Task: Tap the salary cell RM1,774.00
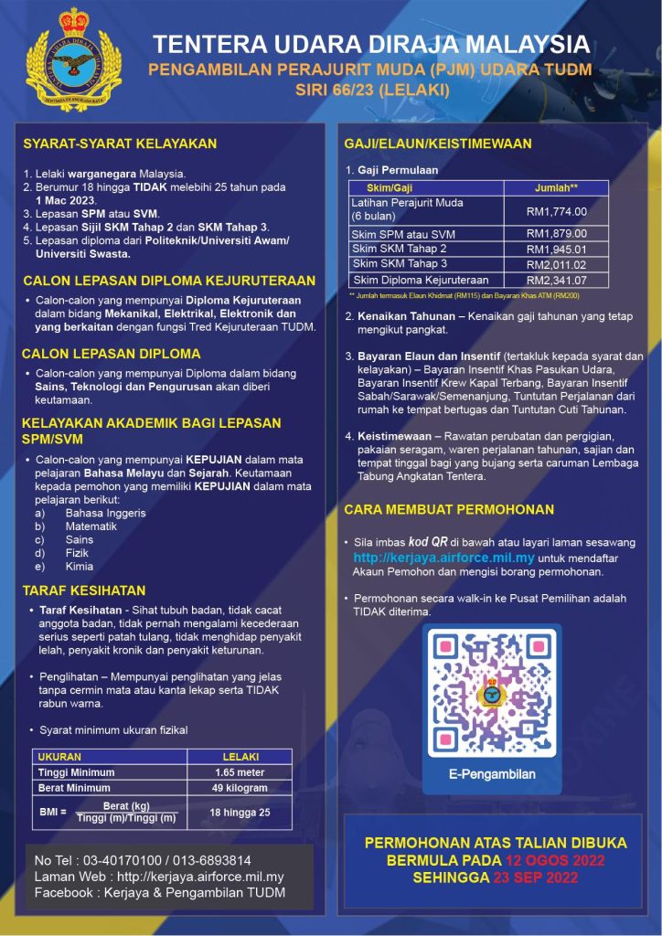tap(556, 211)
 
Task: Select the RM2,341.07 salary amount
tap(556, 280)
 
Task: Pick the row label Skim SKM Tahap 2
tap(400, 249)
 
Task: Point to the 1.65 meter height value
tap(240, 772)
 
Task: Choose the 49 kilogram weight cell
tap(240, 788)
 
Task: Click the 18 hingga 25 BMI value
tap(240, 812)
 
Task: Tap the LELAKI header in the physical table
tap(240, 757)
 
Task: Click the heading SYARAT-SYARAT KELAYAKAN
tap(120, 144)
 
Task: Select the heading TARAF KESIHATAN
tap(84, 590)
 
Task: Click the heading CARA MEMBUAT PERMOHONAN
tap(449, 509)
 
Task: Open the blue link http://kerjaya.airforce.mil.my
tap(444, 557)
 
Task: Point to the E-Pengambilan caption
tap(492, 774)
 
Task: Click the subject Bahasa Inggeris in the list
tap(106, 513)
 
